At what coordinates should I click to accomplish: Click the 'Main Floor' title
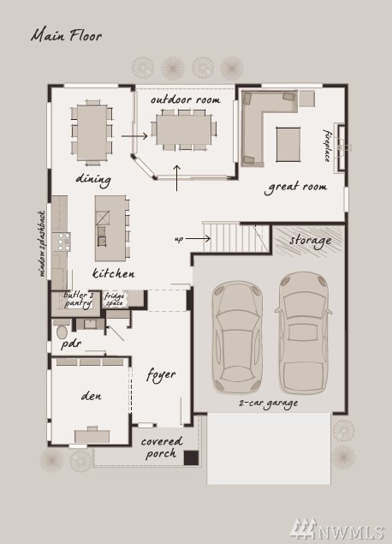(x=66, y=36)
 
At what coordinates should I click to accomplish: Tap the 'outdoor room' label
(x=186, y=100)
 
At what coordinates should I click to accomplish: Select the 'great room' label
(x=295, y=188)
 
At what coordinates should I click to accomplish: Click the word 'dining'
(x=93, y=179)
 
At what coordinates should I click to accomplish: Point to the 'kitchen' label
(x=114, y=273)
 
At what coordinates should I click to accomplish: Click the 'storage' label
(x=310, y=241)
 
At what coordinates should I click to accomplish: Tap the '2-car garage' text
(x=268, y=404)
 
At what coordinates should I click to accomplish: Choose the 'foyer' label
(x=161, y=375)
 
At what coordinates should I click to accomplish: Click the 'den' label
(x=92, y=396)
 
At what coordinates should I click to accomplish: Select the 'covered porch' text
(x=162, y=447)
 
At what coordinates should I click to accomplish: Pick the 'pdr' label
(x=71, y=344)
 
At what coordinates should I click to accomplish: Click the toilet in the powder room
(x=62, y=331)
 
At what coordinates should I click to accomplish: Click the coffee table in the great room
(x=288, y=145)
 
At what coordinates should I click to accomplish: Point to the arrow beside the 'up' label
(x=198, y=238)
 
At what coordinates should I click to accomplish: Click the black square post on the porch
(x=191, y=457)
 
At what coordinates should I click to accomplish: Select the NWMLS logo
(x=337, y=529)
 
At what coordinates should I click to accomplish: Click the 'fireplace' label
(x=327, y=146)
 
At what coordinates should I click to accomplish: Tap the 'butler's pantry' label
(x=79, y=299)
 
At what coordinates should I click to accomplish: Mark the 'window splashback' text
(x=42, y=243)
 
